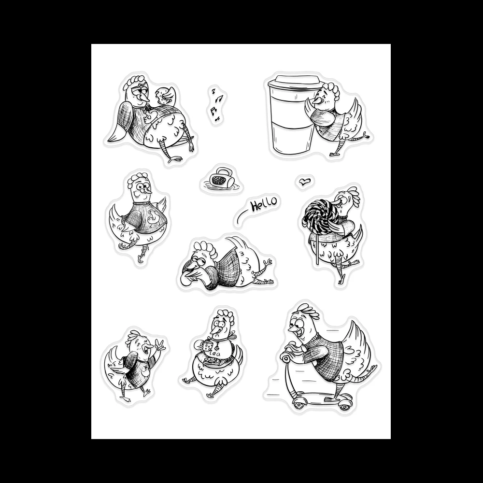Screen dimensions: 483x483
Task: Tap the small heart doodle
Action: pyautogui.click(x=303, y=182)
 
